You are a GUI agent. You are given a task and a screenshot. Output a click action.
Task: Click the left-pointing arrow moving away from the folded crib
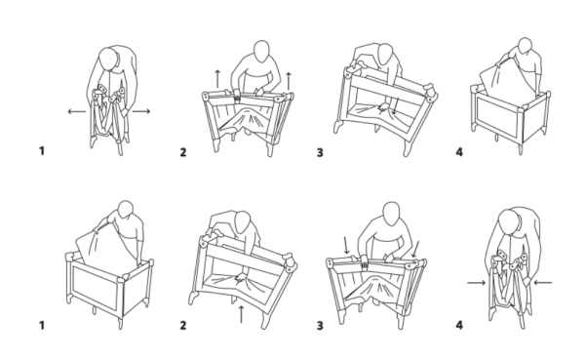click(76, 111)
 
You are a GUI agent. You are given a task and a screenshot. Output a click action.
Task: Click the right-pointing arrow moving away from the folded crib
click(141, 111)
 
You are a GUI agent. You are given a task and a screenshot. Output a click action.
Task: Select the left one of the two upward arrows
click(217, 78)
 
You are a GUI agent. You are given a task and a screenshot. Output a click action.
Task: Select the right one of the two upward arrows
click(289, 81)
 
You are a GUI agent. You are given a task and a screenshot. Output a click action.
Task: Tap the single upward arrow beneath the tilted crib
click(241, 314)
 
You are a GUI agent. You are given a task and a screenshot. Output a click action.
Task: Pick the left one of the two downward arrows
click(346, 245)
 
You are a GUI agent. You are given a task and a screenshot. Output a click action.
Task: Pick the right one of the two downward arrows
click(415, 249)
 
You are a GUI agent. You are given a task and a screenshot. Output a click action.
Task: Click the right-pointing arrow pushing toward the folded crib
click(477, 283)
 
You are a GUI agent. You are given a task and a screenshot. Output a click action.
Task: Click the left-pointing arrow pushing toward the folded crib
click(543, 283)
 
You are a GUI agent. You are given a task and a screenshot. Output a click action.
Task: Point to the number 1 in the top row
click(42, 151)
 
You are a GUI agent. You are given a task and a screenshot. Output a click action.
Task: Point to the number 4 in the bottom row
click(459, 325)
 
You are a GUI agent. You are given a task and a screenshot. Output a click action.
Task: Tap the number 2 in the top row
click(183, 152)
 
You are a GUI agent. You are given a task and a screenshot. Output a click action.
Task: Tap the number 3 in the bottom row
click(320, 326)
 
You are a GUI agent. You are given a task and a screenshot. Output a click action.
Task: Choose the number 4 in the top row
click(459, 152)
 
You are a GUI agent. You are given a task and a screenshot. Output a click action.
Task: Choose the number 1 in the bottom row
click(42, 325)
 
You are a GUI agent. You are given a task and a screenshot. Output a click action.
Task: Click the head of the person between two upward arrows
click(261, 51)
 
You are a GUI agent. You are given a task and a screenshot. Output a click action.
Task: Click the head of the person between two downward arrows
click(391, 214)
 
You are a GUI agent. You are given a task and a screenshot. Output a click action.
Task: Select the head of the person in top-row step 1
click(108, 59)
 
